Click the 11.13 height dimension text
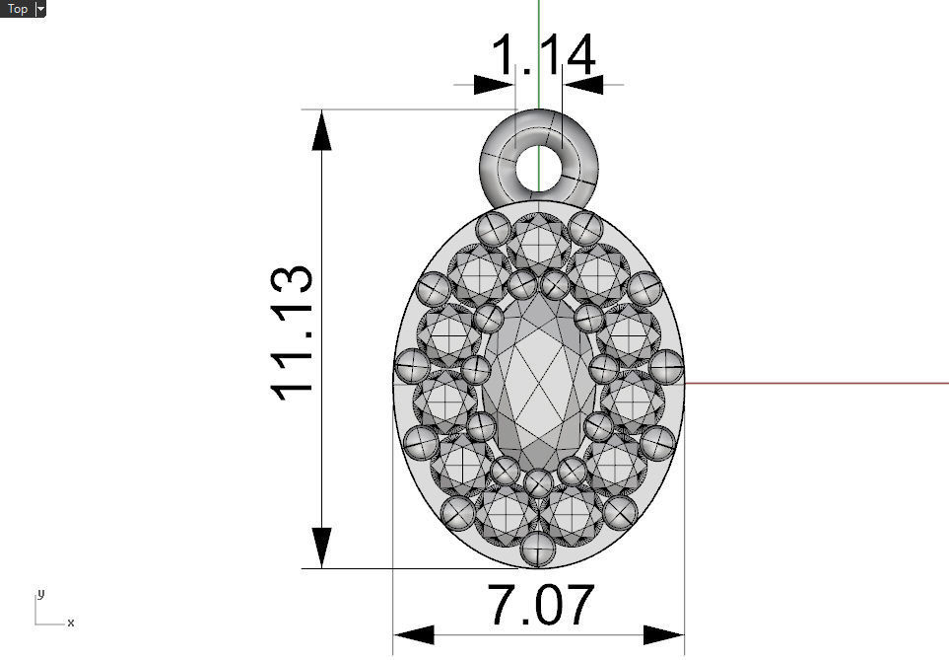(293, 332)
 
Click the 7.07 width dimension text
(541, 606)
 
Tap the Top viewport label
(18, 9)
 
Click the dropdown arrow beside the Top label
(40, 9)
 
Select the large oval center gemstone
(538, 385)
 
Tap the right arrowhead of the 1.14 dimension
(582, 85)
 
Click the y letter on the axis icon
(40, 594)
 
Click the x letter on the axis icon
(71, 623)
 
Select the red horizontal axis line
(818, 383)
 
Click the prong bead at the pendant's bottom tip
(538, 549)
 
